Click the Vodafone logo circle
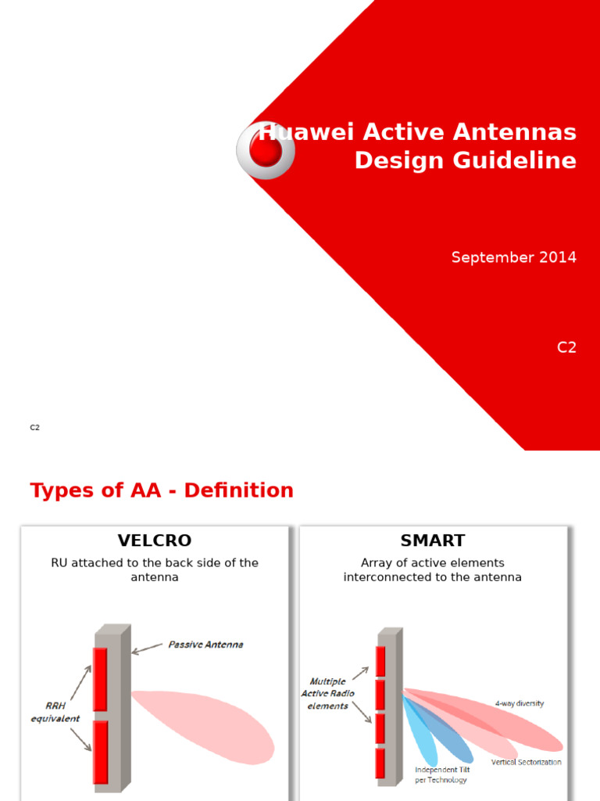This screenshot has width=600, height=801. click(x=266, y=150)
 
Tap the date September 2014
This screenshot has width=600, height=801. click(x=513, y=257)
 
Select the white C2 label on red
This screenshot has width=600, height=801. click(x=566, y=348)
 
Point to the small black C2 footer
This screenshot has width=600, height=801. click(x=34, y=428)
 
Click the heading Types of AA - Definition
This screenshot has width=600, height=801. click(x=162, y=490)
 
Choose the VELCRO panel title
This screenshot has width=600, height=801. click(x=155, y=541)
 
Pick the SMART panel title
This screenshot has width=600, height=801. click(x=432, y=541)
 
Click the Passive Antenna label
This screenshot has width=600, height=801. click(x=205, y=645)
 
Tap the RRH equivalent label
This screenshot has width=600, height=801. click(x=55, y=713)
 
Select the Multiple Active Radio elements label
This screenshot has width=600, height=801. click(x=327, y=694)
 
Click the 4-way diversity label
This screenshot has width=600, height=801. click(x=520, y=703)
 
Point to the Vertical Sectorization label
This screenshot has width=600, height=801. click(x=526, y=762)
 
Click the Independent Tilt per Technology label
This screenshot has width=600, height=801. click(x=441, y=774)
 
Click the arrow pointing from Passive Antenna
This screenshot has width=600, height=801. click(x=147, y=649)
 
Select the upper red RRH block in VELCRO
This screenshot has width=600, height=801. click(x=100, y=678)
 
